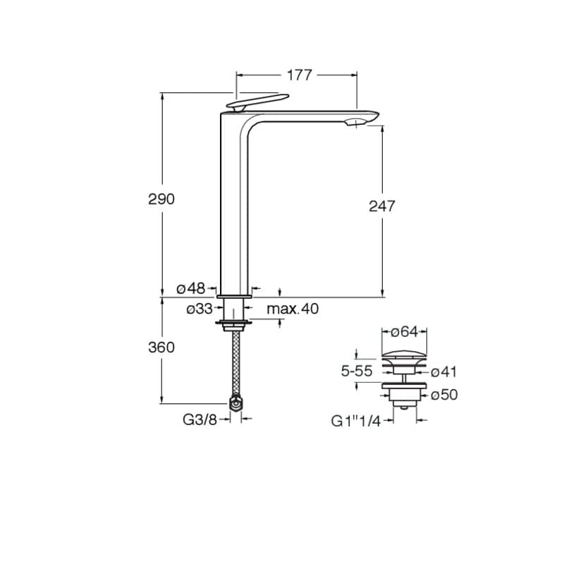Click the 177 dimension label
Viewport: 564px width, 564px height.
click(x=299, y=75)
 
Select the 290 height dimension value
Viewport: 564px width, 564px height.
click(x=161, y=199)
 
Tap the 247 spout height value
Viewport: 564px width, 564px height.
click(x=382, y=206)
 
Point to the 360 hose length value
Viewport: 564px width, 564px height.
click(x=161, y=347)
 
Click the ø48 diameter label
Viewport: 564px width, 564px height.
click(x=191, y=288)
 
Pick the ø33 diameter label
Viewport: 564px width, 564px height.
click(x=200, y=309)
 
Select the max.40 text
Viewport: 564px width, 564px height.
click(x=293, y=309)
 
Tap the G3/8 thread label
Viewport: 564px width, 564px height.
click(x=200, y=419)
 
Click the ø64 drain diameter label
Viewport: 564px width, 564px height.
click(x=405, y=331)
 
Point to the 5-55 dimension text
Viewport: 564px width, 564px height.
click(x=357, y=371)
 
